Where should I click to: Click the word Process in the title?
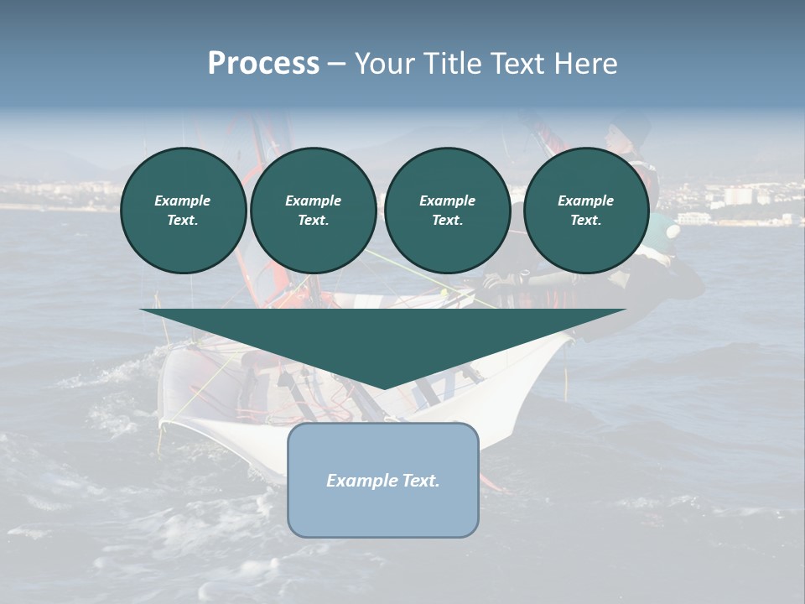coord(263,64)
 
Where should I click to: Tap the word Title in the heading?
coord(456,64)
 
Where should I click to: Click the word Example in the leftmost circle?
coord(183,200)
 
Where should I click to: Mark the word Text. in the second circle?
coord(313,221)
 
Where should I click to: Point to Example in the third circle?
coord(447,200)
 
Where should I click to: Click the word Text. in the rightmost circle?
coord(585,221)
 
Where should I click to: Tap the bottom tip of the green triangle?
coord(383,387)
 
